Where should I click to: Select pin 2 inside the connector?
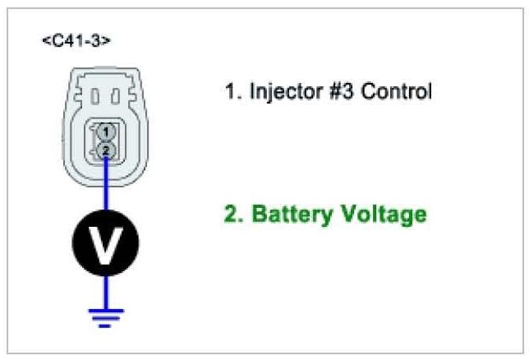(105, 150)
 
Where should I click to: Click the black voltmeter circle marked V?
(105, 243)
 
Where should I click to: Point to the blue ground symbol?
(105, 316)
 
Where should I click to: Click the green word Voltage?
(381, 215)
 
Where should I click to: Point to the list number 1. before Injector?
(231, 91)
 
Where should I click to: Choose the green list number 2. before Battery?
(233, 215)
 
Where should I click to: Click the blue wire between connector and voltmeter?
(105, 189)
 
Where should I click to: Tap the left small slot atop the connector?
(94, 96)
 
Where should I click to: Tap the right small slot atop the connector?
(116, 96)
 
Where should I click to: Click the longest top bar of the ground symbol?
(105, 310)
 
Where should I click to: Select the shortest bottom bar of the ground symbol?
(105, 325)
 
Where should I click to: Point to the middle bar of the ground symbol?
(105, 318)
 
